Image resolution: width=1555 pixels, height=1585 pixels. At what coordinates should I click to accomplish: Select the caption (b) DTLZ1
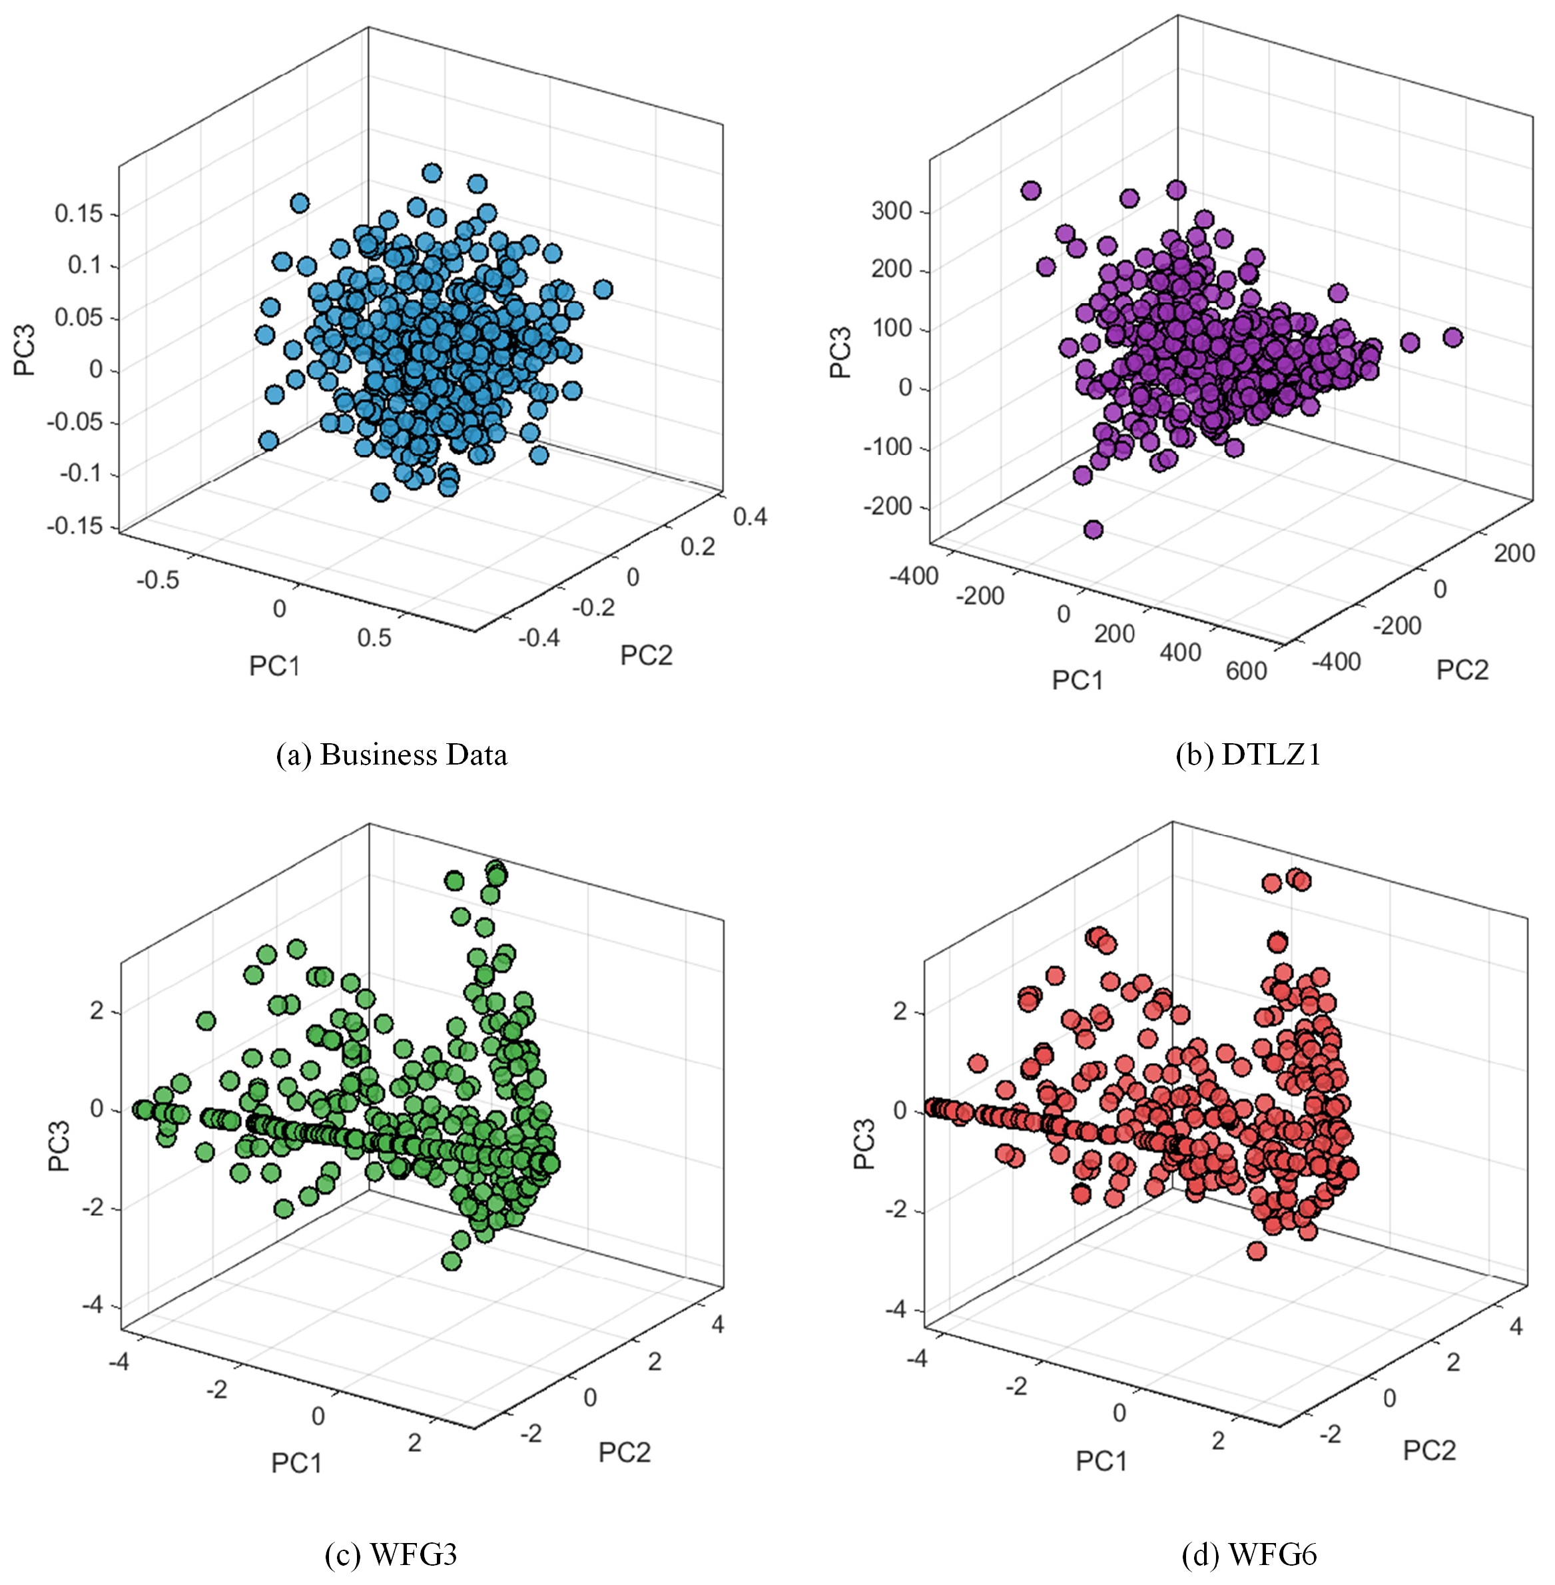pyautogui.click(x=1248, y=755)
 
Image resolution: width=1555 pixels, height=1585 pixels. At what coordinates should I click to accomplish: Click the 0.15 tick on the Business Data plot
pyautogui.click(x=79, y=214)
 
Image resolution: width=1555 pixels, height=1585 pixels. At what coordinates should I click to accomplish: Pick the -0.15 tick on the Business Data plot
pyautogui.click(x=75, y=526)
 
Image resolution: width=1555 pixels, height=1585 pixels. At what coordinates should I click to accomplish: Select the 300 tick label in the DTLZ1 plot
pyautogui.click(x=891, y=210)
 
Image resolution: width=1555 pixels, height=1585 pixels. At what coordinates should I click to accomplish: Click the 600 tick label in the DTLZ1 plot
pyautogui.click(x=1246, y=671)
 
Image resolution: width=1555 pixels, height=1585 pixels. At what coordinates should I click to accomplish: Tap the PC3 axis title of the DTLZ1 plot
pyautogui.click(x=840, y=352)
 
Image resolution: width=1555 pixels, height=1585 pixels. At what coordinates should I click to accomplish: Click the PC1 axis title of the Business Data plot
pyautogui.click(x=274, y=667)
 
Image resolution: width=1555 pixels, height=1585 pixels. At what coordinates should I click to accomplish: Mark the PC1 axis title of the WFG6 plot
pyautogui.click(x=1101, y=1461)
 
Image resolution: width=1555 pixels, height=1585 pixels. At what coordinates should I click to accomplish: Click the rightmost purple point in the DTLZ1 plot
pyautogui.click(x=1452, y=337)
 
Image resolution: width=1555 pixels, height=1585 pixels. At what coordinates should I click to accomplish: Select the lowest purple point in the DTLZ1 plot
pyautogui.click(x=1093, y=529)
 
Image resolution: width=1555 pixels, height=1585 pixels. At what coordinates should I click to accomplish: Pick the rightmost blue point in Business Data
pyautogui.click(x=603, y=289)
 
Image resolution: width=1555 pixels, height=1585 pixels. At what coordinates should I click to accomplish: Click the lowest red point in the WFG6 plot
pyautogui.click(x=1256, y=1250)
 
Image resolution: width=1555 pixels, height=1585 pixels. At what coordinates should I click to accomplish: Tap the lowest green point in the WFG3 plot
pyautogui.click(x=451, y=1261)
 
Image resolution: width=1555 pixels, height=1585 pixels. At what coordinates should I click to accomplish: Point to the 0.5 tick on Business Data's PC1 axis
pyautogui.click(x=374, y=638)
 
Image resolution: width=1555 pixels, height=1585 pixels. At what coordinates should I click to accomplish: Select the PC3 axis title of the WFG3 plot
pyautogui.click(x=59, y=1145)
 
